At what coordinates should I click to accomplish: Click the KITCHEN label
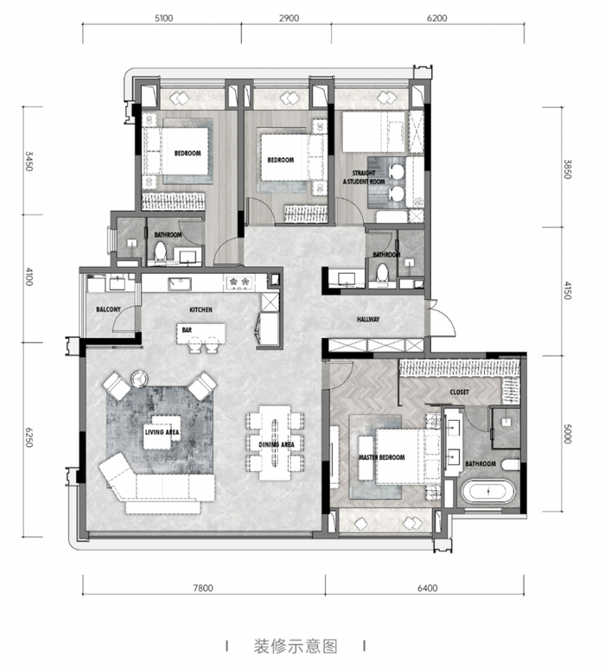[201, 309]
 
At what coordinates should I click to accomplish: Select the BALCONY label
[109, 309]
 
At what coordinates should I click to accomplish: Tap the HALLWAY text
[368, 319]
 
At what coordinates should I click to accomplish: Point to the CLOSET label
[459, 392]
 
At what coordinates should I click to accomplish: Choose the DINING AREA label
[277, 444]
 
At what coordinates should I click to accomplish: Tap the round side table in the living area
[139, 377]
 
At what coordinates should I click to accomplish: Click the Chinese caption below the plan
[295, 646]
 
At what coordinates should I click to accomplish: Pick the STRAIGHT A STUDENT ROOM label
[364, 177]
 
